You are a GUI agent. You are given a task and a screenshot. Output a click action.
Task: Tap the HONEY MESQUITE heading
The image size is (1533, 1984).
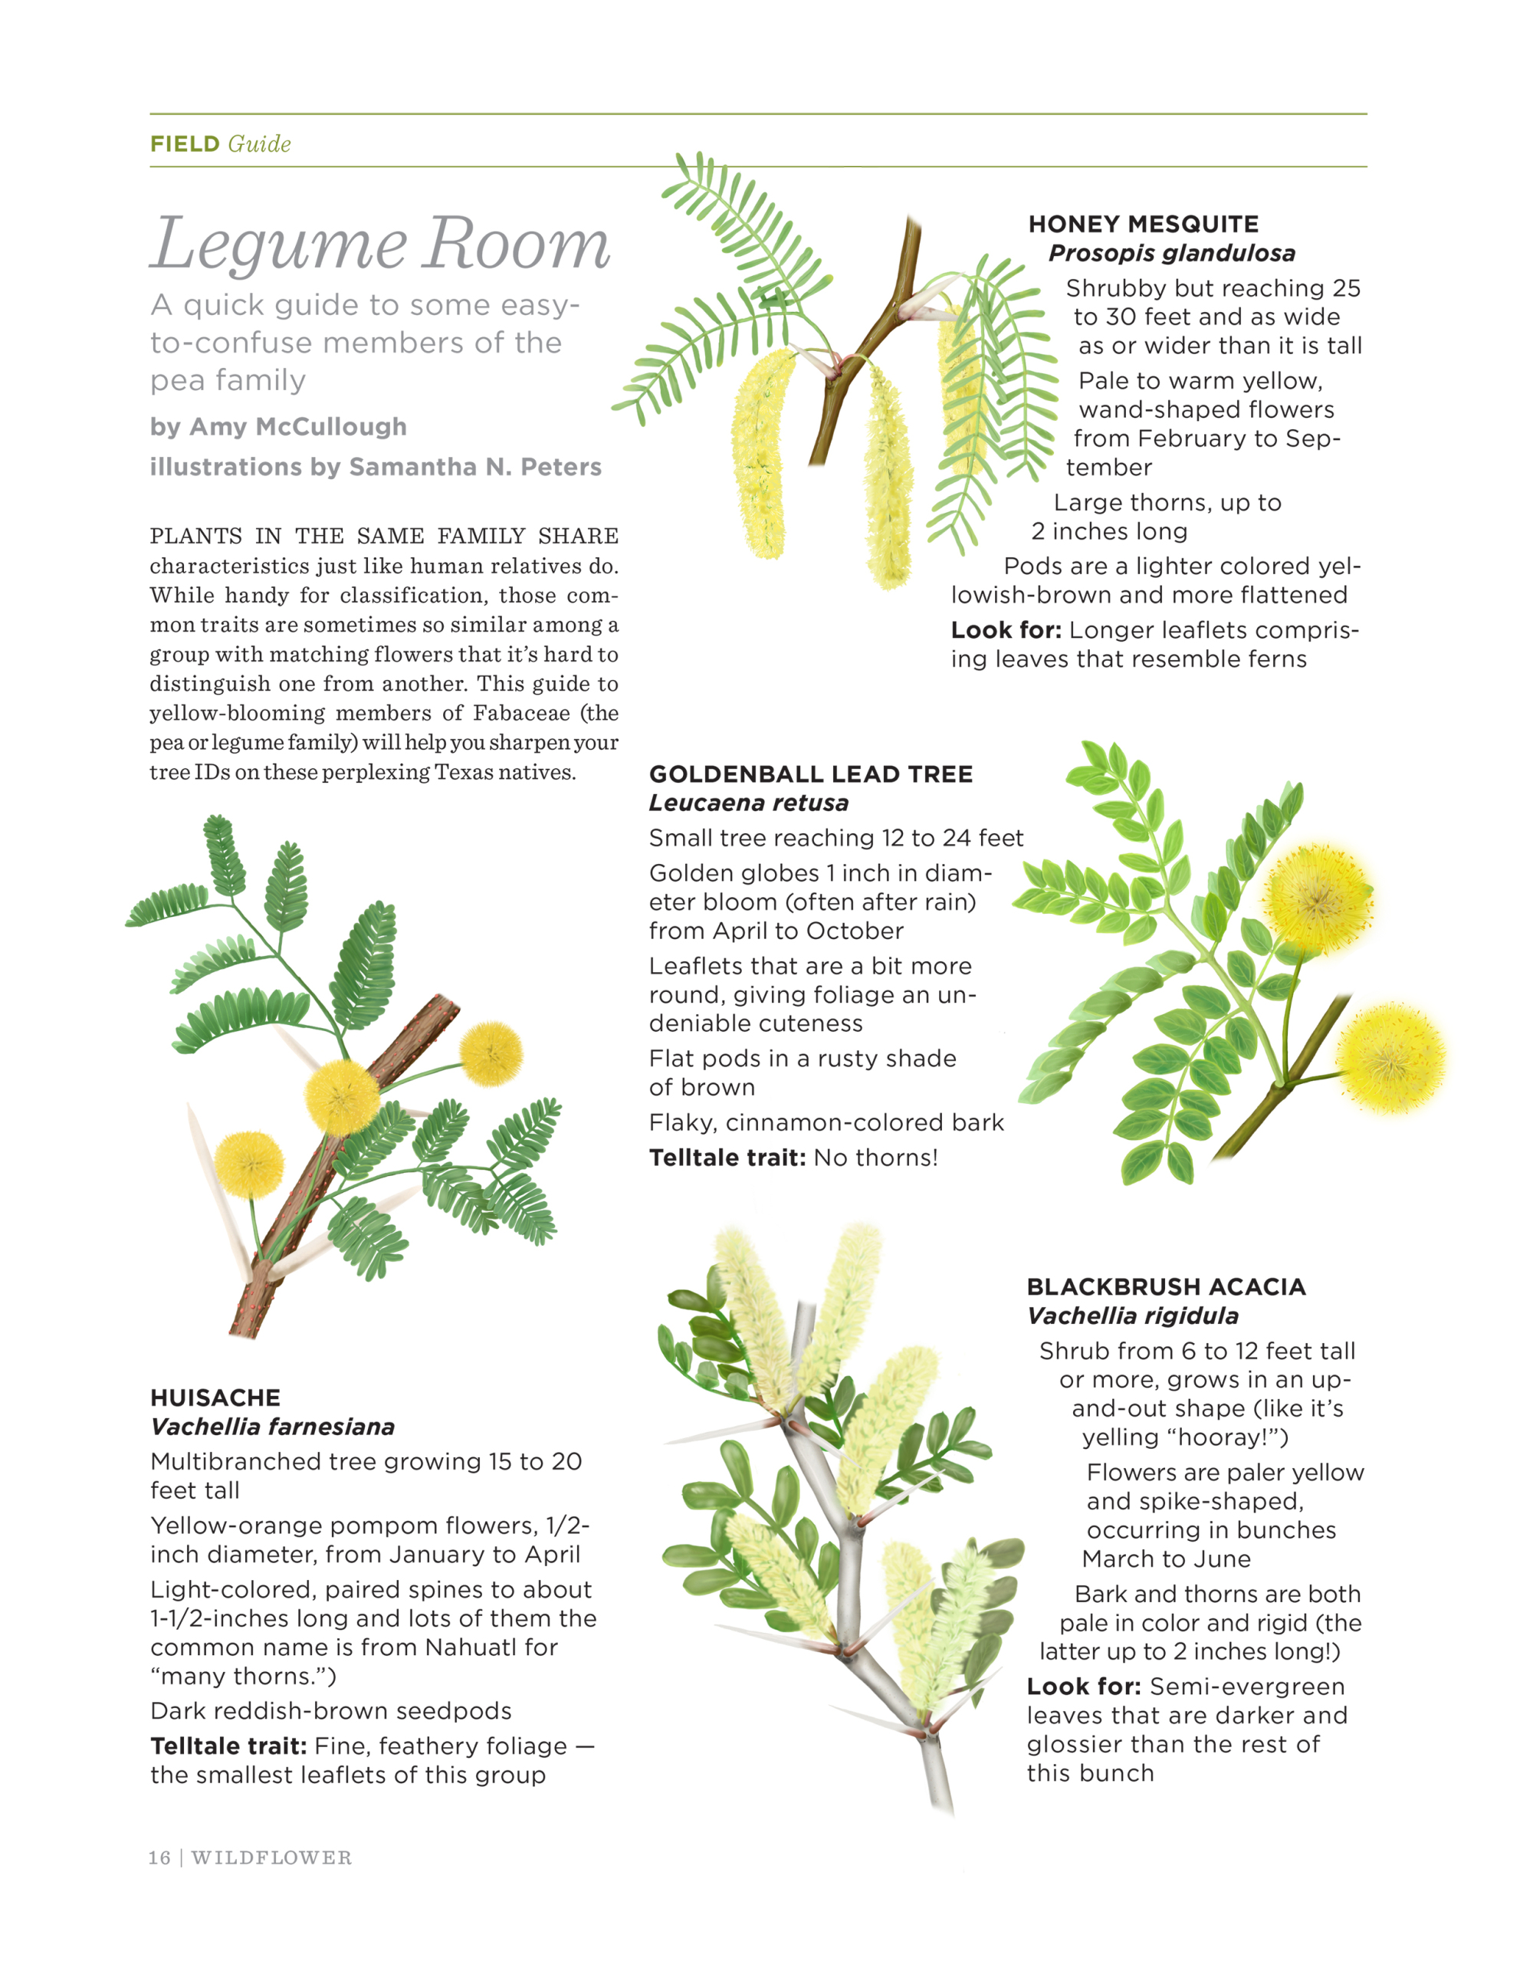pyautogui.click(x=1144, y=225)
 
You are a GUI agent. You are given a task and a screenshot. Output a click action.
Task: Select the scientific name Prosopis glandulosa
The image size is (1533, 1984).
pyautogui.click(x=1171, y=254)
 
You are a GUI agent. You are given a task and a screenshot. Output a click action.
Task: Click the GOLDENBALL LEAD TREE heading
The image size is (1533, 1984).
pyautogui.click(x=810, y=774)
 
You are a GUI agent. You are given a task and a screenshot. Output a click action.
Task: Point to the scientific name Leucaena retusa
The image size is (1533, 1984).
pyautogui.click(x=748, y=803)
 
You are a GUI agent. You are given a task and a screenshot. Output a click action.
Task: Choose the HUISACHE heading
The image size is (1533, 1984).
pyautogui.click(x=215, y=1398)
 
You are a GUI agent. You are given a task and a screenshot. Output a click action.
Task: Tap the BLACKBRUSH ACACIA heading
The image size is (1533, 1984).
pyautogui.click(x=1166, y=1286)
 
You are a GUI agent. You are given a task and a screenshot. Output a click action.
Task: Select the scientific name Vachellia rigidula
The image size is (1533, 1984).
pyautogui.click(x=1132, y=1316)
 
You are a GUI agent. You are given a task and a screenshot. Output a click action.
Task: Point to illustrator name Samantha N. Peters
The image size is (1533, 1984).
pyautogui.click(x=475, y=467)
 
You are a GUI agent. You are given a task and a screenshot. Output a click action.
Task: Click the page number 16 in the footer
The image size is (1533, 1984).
pyautogui.click(x=159, y=1858)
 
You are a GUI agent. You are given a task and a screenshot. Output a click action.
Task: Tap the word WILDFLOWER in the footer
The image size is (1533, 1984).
pyautogui.click(x=271, y=1858)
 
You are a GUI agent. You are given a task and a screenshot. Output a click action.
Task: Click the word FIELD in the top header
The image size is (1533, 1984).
pyautogui.click(x=185, y=143)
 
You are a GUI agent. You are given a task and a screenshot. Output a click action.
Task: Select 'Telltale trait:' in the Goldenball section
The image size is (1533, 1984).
pyautogui.click(x=727, y=1158)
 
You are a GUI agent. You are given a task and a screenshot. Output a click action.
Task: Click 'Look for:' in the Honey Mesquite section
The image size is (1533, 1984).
pyautogui.click(x=1006, y=629)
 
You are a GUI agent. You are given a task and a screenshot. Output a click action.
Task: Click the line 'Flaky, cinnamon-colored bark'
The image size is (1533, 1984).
pyautogui.click(x=826, y=1123)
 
